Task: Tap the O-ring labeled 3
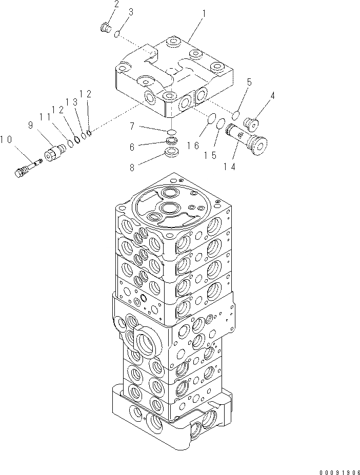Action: (x=117, y=34)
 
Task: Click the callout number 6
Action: (x=132, y=147)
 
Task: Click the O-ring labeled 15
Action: (x=220, y=123)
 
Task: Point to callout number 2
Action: (x=116, y=5)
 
